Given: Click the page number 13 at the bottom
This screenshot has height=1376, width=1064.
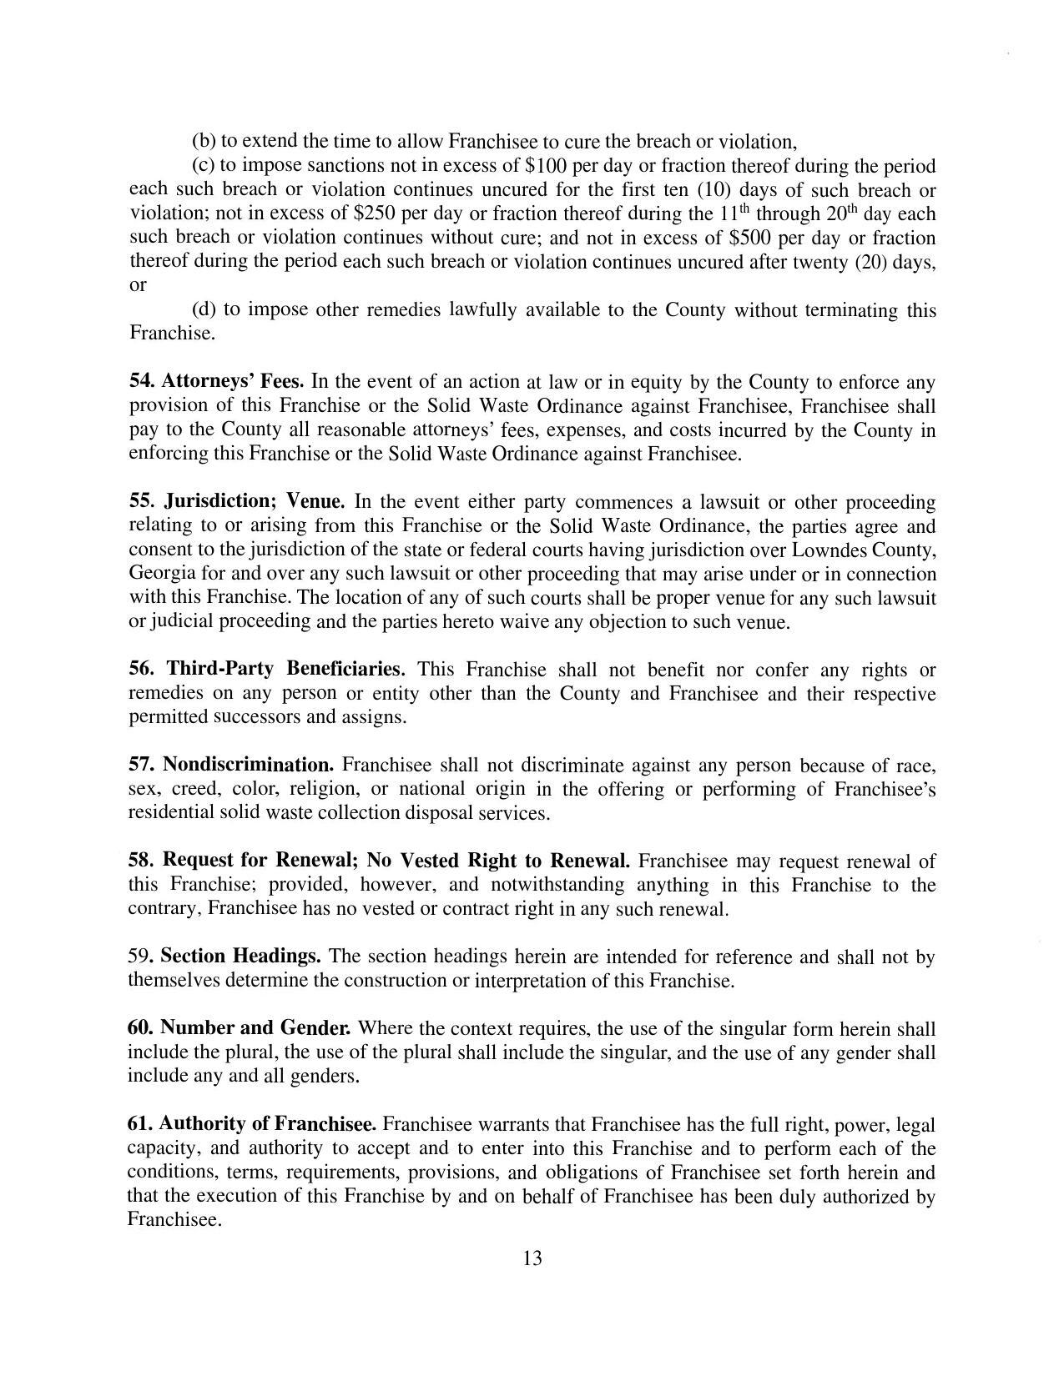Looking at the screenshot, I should point(532,1258).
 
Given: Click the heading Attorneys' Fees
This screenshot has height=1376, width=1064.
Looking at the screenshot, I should point(233,382).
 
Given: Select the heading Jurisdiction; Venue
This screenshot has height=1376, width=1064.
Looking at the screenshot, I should point(255,502).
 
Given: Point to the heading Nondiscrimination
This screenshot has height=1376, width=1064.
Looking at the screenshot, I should point(248,765).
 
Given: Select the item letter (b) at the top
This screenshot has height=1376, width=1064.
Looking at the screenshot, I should point(204,141).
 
